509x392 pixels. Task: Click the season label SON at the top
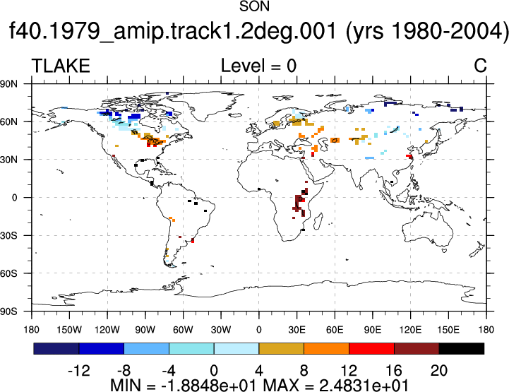tap(254, 6)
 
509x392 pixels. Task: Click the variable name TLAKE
tap(61, 66)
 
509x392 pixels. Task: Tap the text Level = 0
tap(258, 66)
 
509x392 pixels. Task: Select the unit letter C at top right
tap(480, 66)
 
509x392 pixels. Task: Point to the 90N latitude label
tap(8, 84)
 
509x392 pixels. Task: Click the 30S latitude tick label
tap(8, 235)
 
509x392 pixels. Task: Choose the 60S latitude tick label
tap(8, 273)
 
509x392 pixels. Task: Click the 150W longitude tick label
tap(69, 330)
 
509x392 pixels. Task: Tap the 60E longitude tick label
tap(335, 330)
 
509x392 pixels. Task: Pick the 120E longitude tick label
tap(410, 330)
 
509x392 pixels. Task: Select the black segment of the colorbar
tap(462, 348)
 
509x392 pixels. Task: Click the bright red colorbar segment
tap(371, 348)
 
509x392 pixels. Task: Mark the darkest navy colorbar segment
tap(56, 348)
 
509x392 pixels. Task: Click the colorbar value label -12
tap(79, 370)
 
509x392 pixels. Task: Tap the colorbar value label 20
tap(439, 370)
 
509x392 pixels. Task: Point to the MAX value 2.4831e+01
tap(364, 385)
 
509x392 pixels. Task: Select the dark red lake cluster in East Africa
tap(299, 203)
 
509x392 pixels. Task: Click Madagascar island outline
tap(318, 221)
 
